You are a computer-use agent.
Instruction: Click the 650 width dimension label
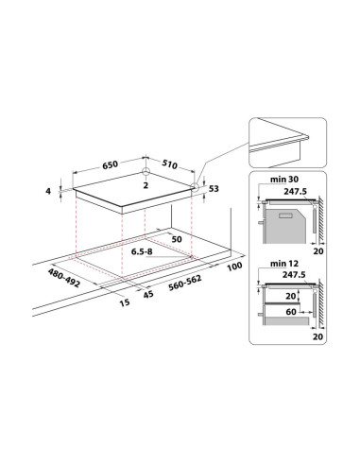(110, 164)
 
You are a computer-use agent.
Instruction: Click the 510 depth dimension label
(170, 164)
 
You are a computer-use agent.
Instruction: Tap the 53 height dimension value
(214, 189)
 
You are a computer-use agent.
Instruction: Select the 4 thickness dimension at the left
(48, 191)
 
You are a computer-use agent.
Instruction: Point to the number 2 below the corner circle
(146, 185)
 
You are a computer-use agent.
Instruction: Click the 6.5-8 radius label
(142, 251)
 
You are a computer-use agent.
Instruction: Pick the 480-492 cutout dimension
(64, 278)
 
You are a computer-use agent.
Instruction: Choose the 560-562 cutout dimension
(185, 284)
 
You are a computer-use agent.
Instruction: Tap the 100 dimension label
(234, 267)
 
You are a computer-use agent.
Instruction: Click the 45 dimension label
(148, 294)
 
